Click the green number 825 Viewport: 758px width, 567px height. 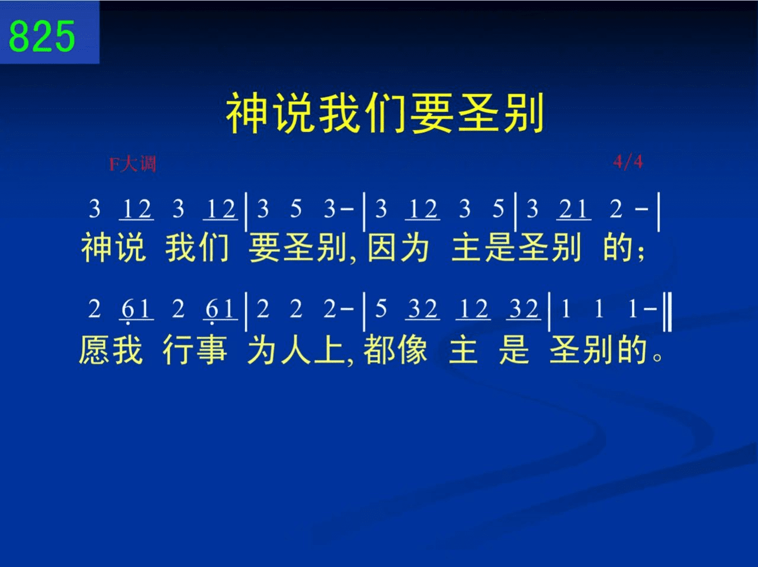coord(42,36)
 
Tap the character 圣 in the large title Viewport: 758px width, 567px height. coord(478,113)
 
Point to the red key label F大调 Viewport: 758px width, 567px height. coord(132,164)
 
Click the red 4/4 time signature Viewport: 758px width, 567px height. coord(628,162)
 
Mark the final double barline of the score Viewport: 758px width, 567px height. coord(668,312)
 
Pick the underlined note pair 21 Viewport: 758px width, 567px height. coord(574,209)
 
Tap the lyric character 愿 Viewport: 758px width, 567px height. coord(94,350)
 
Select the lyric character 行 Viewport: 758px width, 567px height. coord(178,350)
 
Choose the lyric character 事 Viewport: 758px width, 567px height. coord(211,350)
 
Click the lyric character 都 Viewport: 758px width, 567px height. coord(378,350)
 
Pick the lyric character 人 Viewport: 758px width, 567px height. coord(296,350)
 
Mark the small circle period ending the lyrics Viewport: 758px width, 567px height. coord(657,357)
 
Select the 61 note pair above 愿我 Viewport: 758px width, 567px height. coord(136,310)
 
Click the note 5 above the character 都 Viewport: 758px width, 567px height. coord(381,309)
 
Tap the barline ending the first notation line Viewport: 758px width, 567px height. coord(659,212)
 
